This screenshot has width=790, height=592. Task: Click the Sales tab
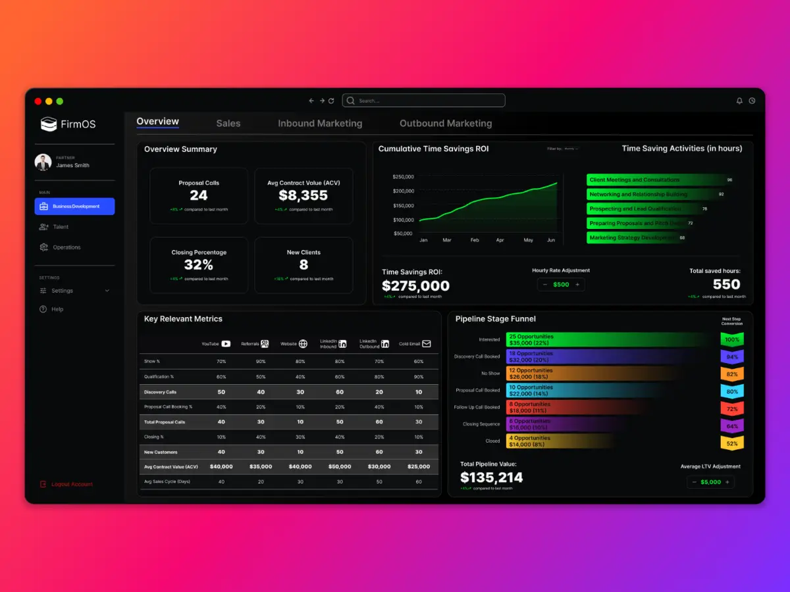point(228,123)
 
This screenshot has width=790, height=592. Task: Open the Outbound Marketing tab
point(446,123)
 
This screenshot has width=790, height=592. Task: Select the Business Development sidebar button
point(74,207)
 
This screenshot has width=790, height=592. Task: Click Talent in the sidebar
point(61,227)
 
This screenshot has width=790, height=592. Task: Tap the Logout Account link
point(72,484)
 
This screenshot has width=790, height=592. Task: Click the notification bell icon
point(739,101)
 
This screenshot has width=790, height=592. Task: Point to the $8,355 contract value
point(303,195)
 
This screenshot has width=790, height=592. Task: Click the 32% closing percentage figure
point(198,265)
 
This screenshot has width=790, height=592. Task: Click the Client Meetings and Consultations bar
point(652,180)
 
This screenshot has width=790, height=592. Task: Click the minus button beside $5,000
point(695,482)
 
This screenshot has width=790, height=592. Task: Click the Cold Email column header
point(415,343)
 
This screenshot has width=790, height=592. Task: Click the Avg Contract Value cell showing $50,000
point(340,466)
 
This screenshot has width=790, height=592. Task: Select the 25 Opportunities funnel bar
point(606,339)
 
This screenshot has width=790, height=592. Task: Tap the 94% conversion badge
point(732,357)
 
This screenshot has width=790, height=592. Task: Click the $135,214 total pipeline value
point(492,478)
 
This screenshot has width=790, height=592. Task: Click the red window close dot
point(38,101)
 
